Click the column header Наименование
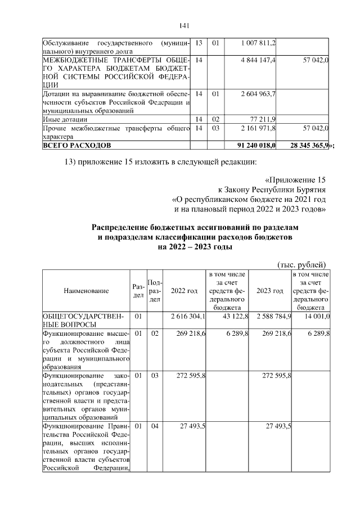pyautogui.click(x=86, y=291)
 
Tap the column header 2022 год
pyautogui.click(x=184, y=291)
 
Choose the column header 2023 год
pyautogui.click(x=269, y=291)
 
